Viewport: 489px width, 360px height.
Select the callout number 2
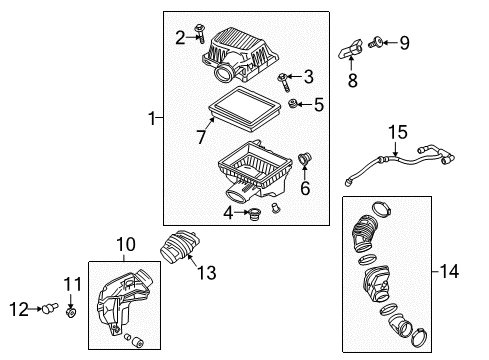pos(180,38)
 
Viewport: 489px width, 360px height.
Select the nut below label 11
pos(71,314)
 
